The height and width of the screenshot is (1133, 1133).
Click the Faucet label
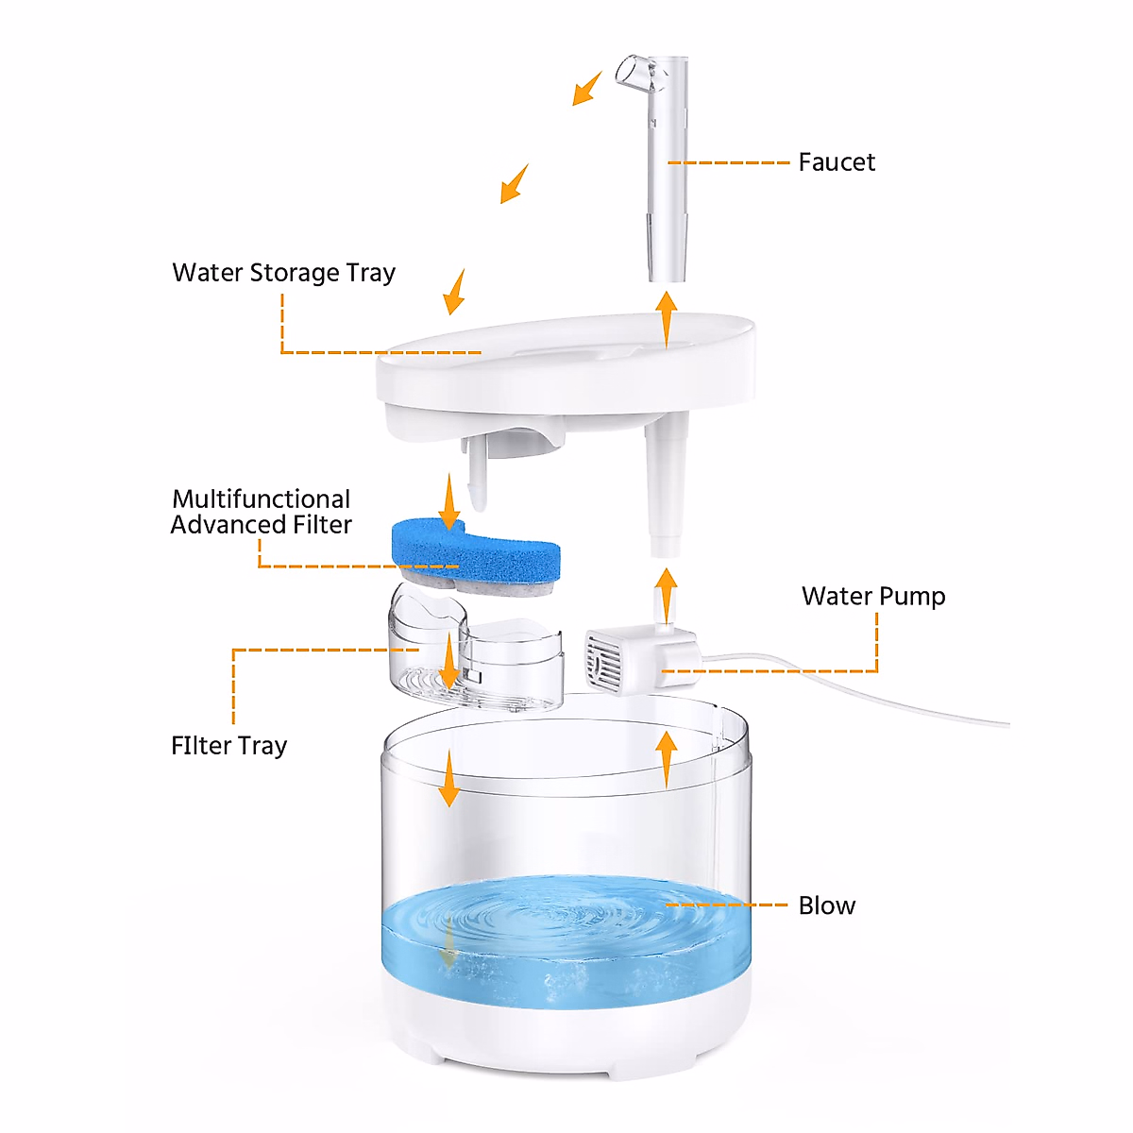837,162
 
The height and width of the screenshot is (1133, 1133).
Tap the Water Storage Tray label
283,273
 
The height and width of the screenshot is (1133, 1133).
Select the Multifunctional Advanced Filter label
262,512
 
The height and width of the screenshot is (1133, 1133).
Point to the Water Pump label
873,597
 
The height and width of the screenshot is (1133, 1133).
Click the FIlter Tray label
228,746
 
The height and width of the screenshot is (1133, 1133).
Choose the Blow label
827,905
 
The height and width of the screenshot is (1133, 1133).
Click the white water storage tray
566,373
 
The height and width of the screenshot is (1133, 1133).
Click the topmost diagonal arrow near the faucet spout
587,88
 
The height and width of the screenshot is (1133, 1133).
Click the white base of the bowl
566,1039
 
